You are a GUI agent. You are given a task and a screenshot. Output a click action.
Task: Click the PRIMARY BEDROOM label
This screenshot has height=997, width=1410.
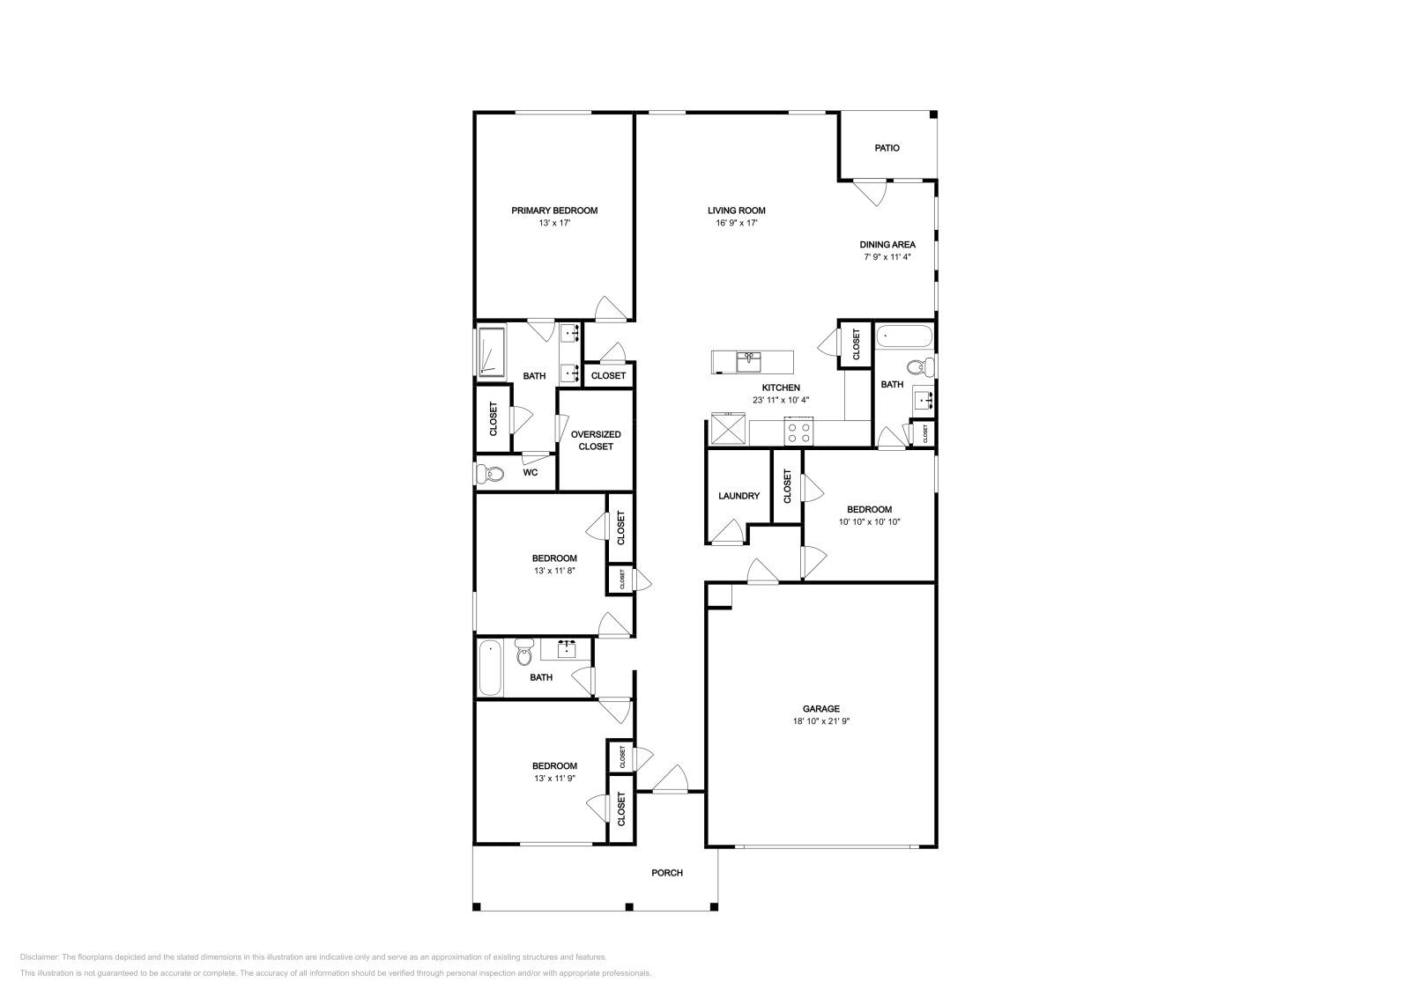(554, 210)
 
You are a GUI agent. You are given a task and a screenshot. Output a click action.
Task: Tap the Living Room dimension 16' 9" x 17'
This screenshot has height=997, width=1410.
(737, 223)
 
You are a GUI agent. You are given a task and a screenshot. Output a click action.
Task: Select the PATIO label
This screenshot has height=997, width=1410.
(887, 148)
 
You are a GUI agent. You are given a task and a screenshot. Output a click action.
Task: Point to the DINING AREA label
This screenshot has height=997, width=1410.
(887, 245)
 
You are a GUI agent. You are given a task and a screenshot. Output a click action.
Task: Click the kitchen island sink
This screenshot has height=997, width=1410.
(749, 362)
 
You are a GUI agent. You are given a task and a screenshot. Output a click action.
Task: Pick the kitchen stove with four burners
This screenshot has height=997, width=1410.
(798, 432)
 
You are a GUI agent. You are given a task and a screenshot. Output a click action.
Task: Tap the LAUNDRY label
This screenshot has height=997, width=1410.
(739, 496)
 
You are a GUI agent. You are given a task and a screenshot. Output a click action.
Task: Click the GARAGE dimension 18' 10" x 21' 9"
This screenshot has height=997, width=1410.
(820, 721)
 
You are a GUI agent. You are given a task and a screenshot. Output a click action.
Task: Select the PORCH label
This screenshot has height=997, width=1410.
(666, 873)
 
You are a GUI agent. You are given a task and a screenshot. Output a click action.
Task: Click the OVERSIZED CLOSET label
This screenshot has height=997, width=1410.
(596, 440)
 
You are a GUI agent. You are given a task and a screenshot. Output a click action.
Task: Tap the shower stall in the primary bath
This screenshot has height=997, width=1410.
(491, 352)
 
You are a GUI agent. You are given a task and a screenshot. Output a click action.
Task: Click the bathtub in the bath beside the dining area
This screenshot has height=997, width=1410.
(904, 336)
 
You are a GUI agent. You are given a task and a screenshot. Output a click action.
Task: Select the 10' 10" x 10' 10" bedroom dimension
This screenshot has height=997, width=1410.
(869, 521)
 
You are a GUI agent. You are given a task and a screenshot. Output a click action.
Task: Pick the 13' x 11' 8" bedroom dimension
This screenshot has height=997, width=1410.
(554, 571)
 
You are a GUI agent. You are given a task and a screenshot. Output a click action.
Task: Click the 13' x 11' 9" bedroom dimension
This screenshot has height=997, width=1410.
(554, 778)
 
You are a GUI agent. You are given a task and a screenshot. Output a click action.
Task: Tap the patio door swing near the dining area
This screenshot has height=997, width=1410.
(870, 193)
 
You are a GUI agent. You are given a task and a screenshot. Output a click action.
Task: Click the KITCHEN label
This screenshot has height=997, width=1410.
(781, 388)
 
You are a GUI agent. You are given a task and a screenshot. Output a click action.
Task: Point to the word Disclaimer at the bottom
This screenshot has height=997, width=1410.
(39, 956)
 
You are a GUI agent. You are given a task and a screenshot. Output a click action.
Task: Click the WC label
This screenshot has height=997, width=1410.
(530, 472)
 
